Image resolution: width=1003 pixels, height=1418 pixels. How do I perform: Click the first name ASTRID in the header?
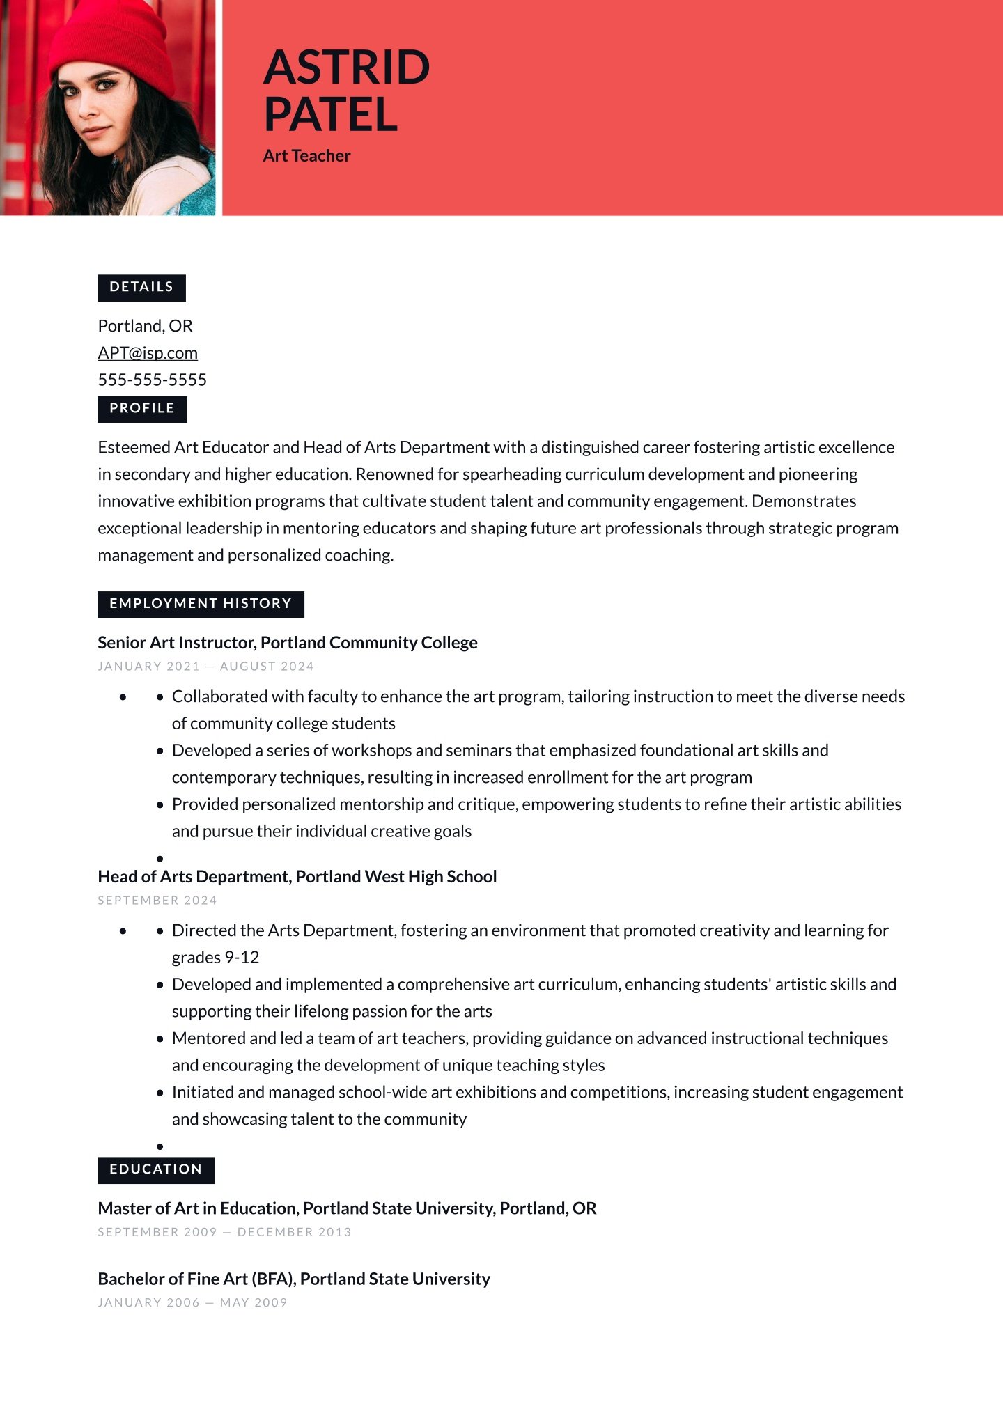coord(346,68)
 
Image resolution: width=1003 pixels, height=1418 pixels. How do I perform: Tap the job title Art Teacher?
coord(306,156)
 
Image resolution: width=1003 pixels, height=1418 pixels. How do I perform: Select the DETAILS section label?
coord(141,287)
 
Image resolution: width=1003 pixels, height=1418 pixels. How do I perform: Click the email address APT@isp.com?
coord(148,353)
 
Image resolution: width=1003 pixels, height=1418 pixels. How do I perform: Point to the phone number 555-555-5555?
coord(152,380)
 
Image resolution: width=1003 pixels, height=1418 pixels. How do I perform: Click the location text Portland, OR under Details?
coord(145,326)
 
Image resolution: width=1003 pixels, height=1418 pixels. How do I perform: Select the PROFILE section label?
coord(142,408)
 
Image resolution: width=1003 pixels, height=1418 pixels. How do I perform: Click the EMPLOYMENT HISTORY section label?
coord(201,604)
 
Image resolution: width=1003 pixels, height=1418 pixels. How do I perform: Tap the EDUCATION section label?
coord(156,1169)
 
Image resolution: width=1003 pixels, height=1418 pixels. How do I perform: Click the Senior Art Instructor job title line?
coord(287,643)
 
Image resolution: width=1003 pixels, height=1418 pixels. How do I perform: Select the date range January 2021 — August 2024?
coord(205,667)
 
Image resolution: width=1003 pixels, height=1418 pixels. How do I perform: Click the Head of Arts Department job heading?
coord(297,877)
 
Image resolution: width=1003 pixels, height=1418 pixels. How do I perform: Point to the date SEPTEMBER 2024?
coord(157,901)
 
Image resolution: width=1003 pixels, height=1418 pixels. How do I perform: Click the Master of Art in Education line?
coord(347,1208)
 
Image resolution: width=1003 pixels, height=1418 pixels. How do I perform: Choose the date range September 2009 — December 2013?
coord(224,1232)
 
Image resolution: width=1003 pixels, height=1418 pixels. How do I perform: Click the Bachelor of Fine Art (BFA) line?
coord(294,1279)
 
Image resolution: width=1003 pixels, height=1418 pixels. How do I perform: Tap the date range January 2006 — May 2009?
coord(192,1303)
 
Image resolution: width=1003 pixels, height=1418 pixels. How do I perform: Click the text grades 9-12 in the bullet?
coord(215,958)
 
